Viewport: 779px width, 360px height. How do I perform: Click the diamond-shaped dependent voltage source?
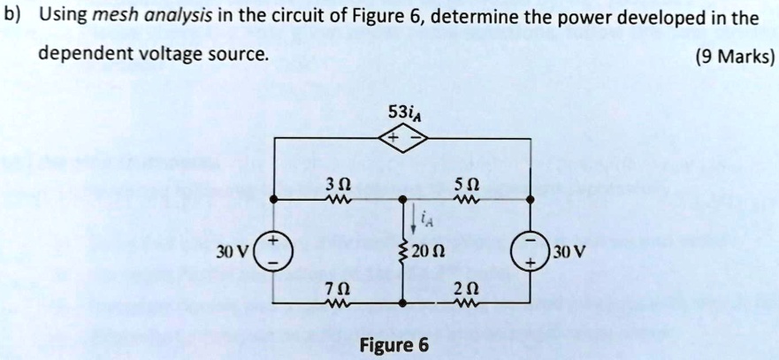[x=402, y=139]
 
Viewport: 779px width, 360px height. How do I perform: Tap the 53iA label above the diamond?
[x=402, y=112]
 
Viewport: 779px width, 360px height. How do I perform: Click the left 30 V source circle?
[x=271, y=250]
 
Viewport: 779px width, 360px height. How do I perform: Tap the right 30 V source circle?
[x=531, y=250]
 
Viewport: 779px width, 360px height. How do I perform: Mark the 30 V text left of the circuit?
[x=237, y=250]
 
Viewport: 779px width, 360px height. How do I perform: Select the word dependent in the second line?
[x=81, y=55]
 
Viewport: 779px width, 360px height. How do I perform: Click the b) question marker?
[x=13, y=16]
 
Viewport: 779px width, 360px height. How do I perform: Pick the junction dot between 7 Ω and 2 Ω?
[x=402, y=303]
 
